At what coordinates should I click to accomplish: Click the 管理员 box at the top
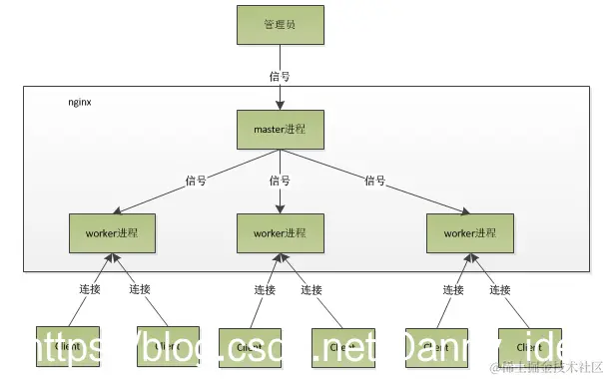tap(281, 24)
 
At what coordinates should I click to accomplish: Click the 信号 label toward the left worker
tap(196, 181)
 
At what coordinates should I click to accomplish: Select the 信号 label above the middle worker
tap(281, 181)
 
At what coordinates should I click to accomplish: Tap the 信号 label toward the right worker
tap(374, 181)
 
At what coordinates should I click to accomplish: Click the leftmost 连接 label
tap(88, 289)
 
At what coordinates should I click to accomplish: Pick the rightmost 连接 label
tap(501, 289)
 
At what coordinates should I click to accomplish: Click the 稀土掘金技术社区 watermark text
tap(546, 366)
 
